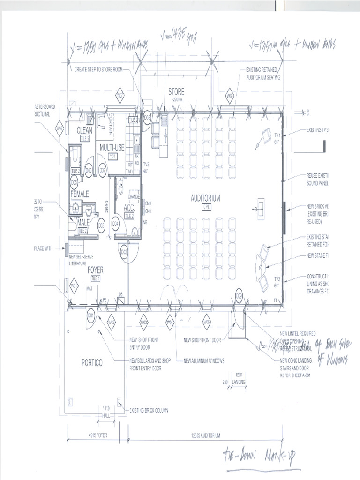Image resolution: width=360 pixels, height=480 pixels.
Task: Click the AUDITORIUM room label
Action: click(x=205, y=198)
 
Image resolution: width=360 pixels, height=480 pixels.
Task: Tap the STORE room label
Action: click(x=176, y=92)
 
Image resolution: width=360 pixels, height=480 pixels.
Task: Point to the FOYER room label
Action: click(x=95, y=270)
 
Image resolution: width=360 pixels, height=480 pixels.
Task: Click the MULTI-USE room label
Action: click(x=112, y=148)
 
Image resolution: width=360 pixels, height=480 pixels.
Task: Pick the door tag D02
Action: click(x=124, y=253)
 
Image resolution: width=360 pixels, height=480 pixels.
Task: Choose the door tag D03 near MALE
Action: click(x=101, y=225)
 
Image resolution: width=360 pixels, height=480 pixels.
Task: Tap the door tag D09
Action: click(x=239, y=296)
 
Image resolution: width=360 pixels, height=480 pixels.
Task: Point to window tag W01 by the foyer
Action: click(x=74, y=285)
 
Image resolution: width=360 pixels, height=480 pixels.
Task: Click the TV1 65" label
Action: click(x=277, y=137)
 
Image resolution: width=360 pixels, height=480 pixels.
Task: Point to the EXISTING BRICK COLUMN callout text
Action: click(x=149, y=410)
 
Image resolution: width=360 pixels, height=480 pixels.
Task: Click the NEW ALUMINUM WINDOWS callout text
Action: click(x=204, y=360)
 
